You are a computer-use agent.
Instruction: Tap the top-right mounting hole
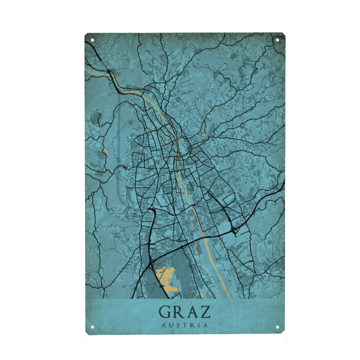point(278,40)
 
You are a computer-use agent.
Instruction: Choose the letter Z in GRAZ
point(207,312)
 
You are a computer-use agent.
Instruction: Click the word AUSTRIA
point(185,325)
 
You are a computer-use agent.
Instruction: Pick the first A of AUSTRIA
point(164,325)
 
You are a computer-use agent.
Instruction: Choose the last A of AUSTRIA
point(207,325)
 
